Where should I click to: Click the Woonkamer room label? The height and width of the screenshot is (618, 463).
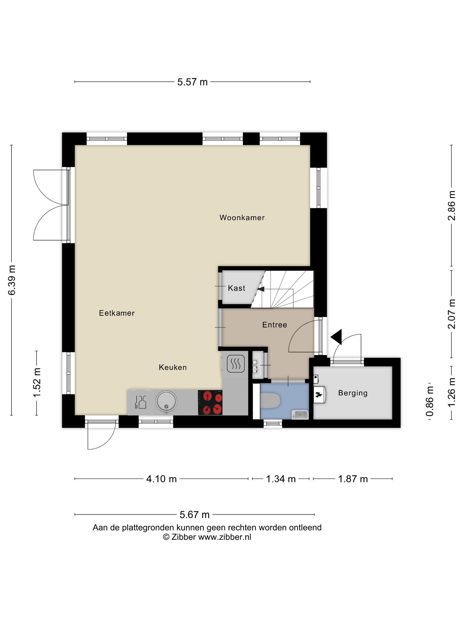pyautogui.click(x=242, y=218)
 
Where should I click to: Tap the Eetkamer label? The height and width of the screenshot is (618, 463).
pyautogui.click(x=117, y=313)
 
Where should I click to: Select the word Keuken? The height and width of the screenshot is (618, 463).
pyautogui.click(x=173, y=367)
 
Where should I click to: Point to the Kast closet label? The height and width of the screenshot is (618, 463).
pyautogui.click(x=237, y=288)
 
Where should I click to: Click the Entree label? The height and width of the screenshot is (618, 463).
pyautogui.click(x=275, y=325)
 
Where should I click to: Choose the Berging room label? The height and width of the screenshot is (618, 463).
pyautogui.click(x=353, y=393)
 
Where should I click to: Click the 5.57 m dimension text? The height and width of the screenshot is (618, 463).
pyautogui.click(x=193, y=82)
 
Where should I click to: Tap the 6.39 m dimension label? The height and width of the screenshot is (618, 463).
pyautogui.click(x=12, y=280)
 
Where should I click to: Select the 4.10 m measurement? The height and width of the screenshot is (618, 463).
pyautogui.click(x=161, y=479)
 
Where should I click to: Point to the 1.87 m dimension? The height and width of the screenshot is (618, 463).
pyautogui.click(x=353, y=479)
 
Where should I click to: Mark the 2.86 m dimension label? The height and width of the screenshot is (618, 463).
pyautogui.click(x=452, y=206)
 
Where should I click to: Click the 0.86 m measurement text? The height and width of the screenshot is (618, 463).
pyautogui.click(x=430, y=401)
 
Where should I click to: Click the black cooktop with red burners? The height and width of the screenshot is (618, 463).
pyautogui.click(x=210, y=402)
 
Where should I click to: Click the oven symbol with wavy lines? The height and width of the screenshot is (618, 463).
pyautogui.click(x=236, y=364)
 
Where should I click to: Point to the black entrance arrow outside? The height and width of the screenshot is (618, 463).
pyautogui.click(x=336, y=337)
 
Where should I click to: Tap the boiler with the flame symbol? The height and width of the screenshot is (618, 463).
pyautogui.click(x=319, y=395)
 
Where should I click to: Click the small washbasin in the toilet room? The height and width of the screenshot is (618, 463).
pyautogui.click(x=300, y=415)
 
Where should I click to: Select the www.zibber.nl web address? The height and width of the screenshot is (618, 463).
pyautogui.click(x=224, y=537)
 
